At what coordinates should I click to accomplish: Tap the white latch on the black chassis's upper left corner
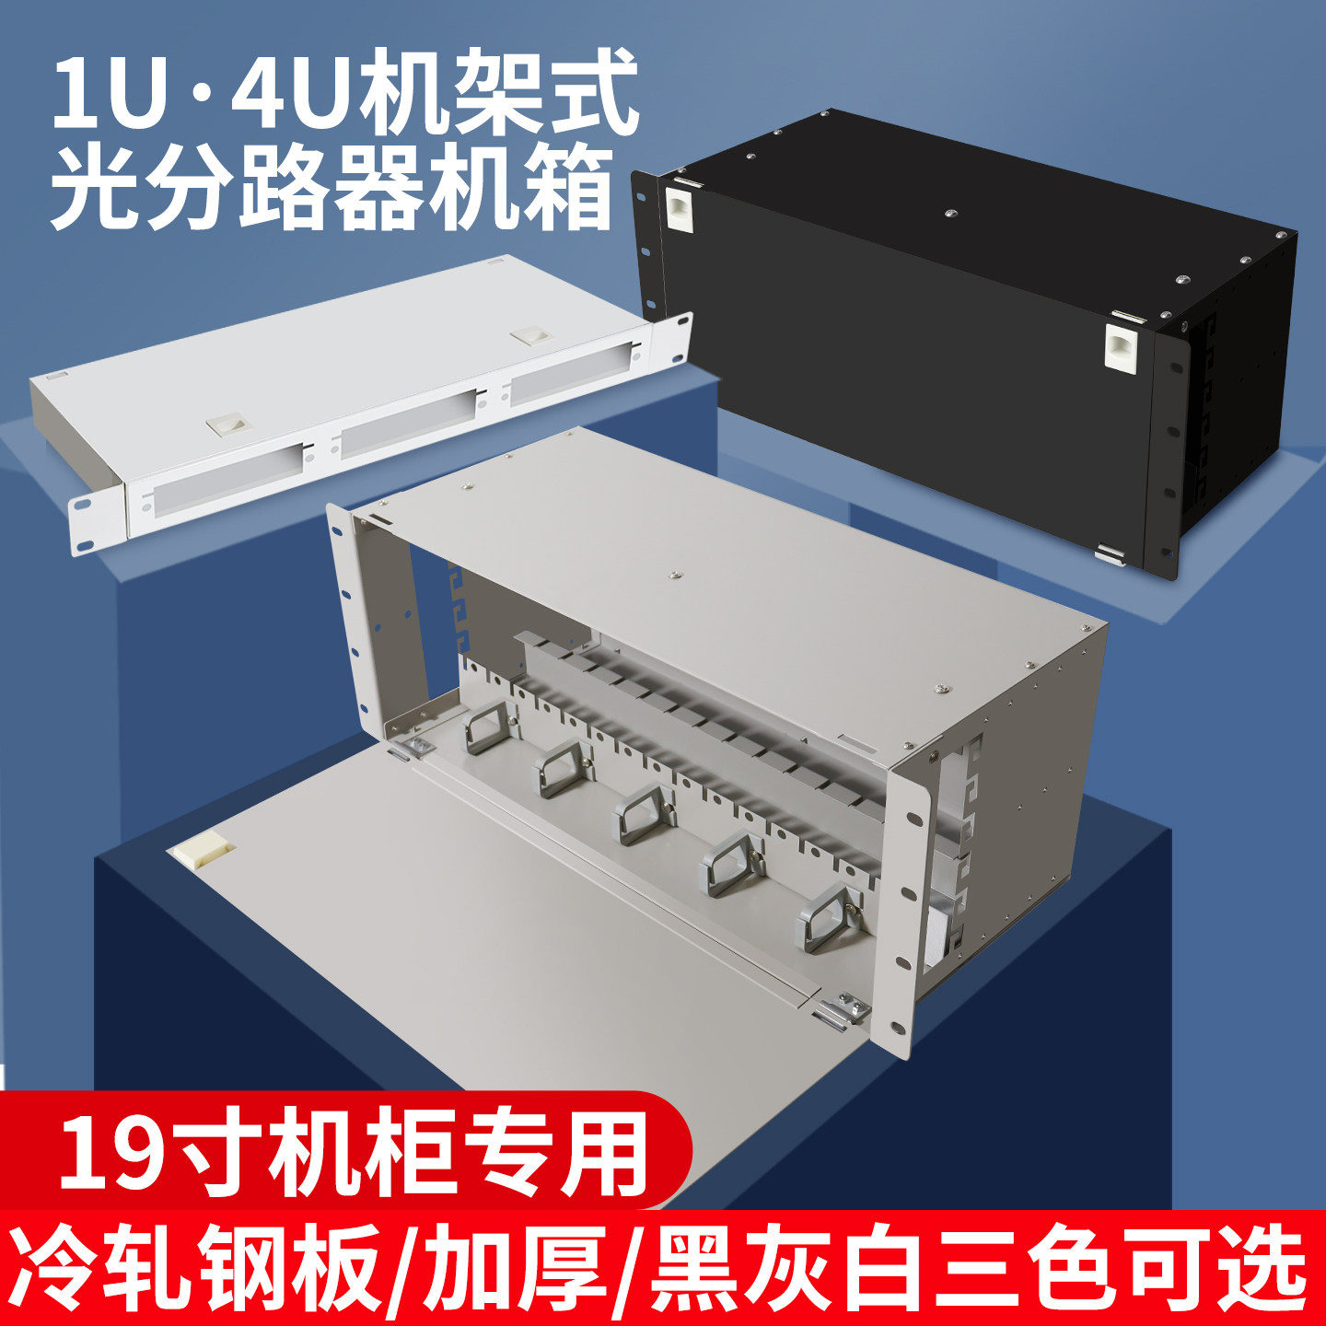tap(679, 209)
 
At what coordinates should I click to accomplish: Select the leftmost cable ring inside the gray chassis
tap(489, 727)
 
